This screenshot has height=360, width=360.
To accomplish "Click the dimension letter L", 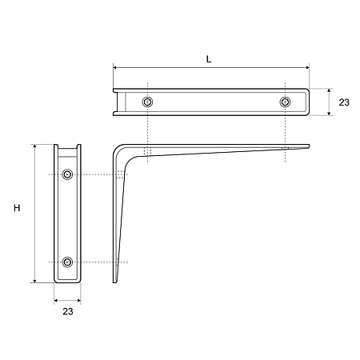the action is coord(209,59).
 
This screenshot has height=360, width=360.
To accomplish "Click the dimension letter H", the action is coord(17,208).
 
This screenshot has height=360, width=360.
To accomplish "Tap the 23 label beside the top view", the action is coord(344,102).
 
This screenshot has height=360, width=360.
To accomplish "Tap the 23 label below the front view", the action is coord(68,311).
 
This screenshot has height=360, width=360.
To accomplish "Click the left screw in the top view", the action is coord(147,102).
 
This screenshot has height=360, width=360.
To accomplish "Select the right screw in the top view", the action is coord(285,102).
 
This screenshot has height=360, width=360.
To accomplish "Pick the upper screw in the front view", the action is coord(67,174).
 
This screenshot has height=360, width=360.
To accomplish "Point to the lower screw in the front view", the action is coord(67,262).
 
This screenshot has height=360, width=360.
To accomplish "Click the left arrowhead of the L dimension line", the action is coord(115,68).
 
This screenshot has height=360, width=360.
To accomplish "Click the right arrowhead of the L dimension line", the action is coord(307,68).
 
